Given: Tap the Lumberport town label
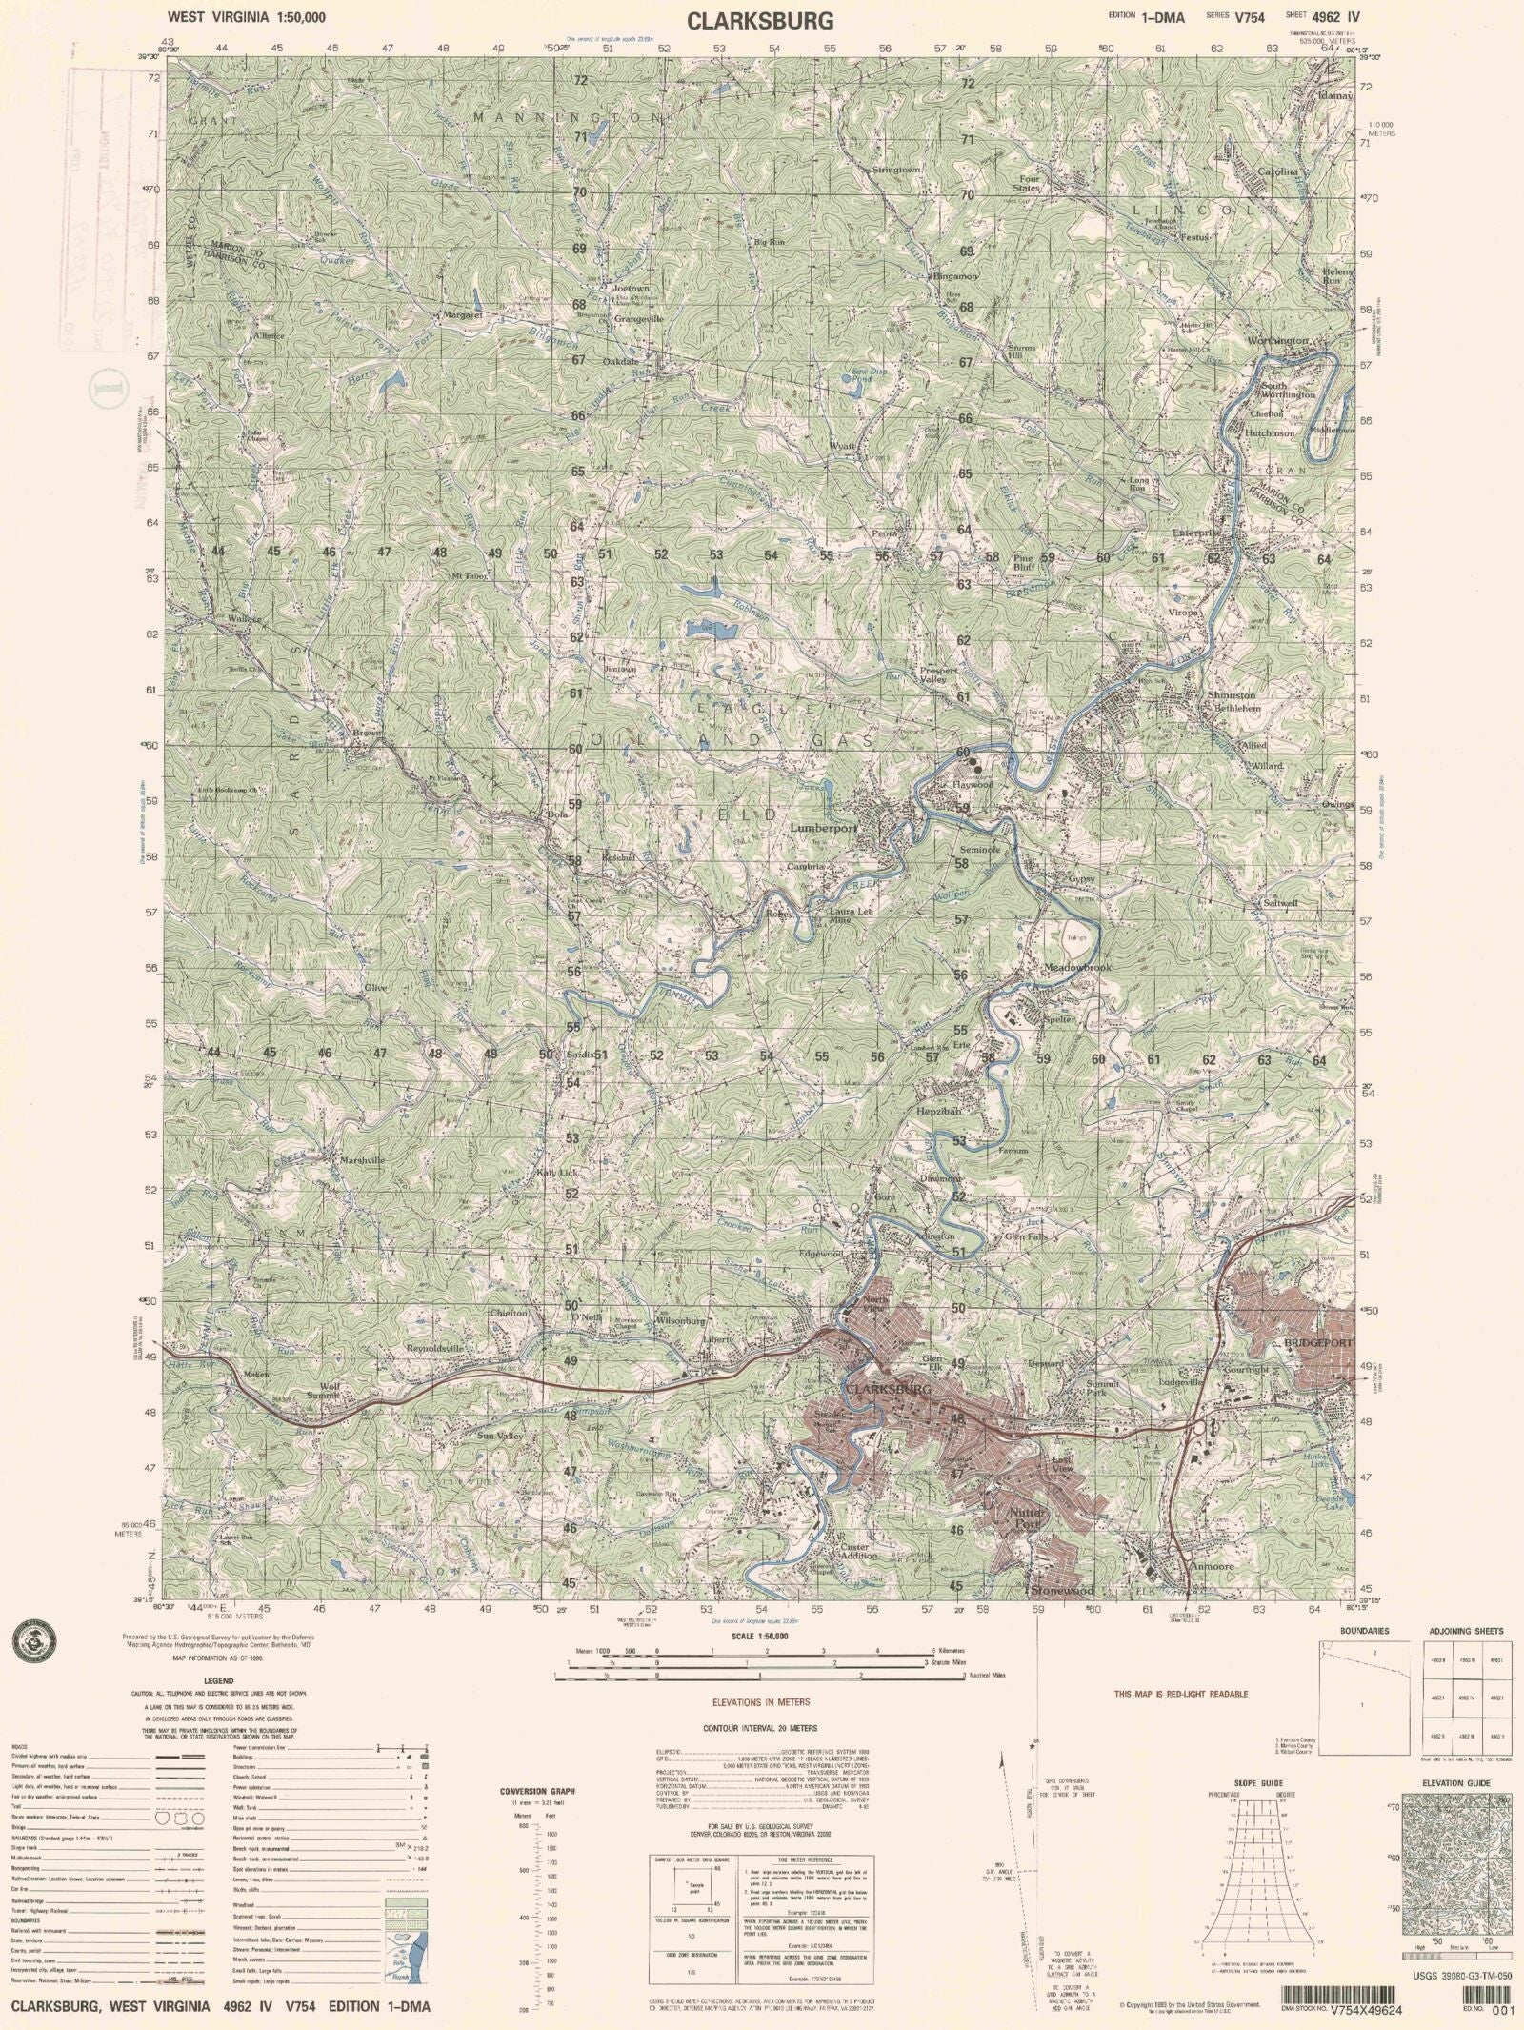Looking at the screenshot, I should pos(824,829).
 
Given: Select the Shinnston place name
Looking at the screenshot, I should pos(1232,695).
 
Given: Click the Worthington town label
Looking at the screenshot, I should pos(1278,341).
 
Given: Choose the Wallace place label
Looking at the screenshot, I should pos(245,618).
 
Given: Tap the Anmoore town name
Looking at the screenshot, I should pos(1212,1566).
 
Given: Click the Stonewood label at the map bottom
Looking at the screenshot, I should pos(1059,1592).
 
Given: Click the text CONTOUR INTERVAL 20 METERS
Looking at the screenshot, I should pos(759,1728).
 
